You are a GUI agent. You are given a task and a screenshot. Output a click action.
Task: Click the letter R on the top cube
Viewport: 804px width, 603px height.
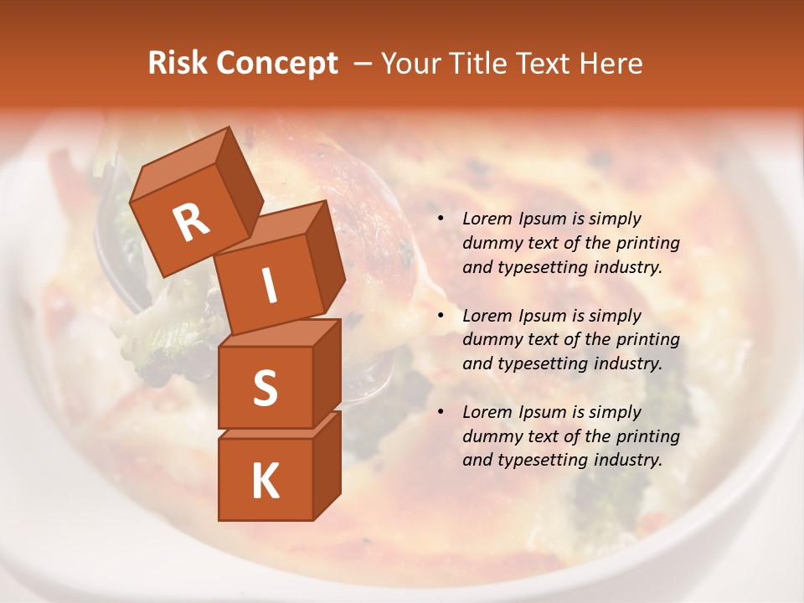pyautogui.click(x=190, y=223)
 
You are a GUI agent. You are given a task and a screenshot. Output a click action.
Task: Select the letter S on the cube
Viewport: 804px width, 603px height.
pyautogui.click(x=265, y=389)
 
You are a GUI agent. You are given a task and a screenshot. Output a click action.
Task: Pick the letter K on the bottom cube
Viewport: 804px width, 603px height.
pyautogui.click(x=265, y=482)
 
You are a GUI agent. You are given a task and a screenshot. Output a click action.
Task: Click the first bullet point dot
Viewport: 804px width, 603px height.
pyautogui.click(x=441, y=219)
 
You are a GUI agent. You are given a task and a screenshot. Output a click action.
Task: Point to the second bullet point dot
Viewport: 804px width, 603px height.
pyautogui.click(x=441, y=316)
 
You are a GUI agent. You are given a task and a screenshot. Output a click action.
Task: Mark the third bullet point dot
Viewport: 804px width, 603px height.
pyautogui.click(x=441, y=412)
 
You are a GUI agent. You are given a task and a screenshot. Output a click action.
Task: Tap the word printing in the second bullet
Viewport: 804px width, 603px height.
pyautogui.click(x=648, y=340)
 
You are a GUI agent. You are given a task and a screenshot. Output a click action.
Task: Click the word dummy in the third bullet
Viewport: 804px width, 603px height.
pyautogui.click(x=489, y=436)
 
